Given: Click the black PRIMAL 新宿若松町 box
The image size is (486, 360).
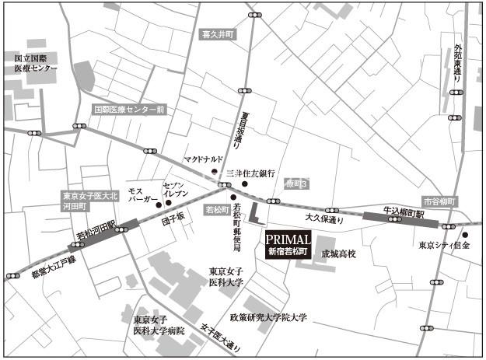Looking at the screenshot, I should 288,244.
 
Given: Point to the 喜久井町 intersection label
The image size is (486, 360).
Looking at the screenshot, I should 218,35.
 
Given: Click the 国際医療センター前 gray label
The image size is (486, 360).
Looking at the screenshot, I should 128,110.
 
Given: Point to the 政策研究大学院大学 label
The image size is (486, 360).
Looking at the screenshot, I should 269,317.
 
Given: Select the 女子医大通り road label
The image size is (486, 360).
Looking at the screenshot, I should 222,337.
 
